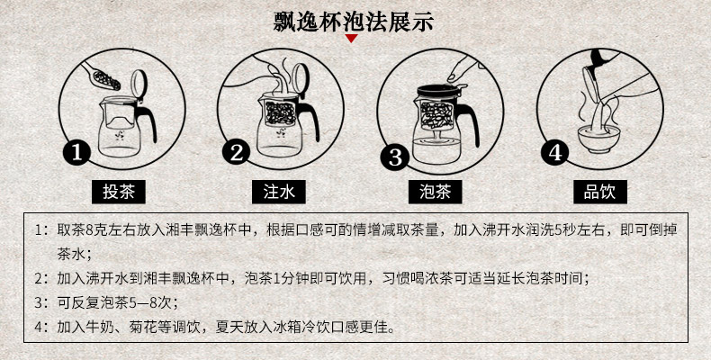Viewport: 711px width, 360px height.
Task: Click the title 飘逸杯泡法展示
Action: [353, 21]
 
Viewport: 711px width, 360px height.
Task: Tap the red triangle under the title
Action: [351, 39]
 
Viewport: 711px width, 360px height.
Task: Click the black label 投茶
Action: [119, 192]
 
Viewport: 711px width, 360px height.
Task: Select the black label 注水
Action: [279, 192]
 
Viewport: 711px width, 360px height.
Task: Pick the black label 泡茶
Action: [436, 192]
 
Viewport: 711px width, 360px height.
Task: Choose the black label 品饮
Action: [600, 192]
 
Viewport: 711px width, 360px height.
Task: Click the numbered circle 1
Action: [77, 153]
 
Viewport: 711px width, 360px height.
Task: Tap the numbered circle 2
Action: [236, 152]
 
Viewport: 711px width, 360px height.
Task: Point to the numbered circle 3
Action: [395, 157]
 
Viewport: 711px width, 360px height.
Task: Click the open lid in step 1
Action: [139, 82]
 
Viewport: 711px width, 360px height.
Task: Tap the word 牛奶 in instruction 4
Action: [100, 326]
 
